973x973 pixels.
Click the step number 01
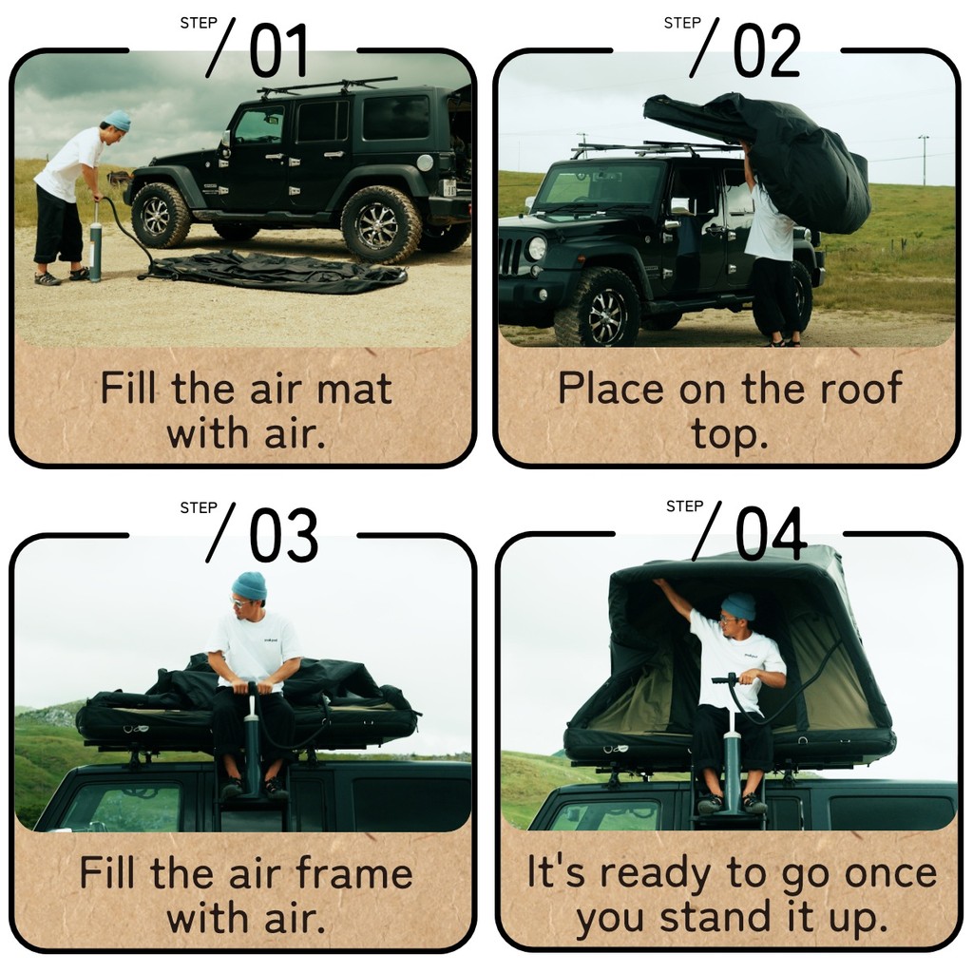(x=278, y=50)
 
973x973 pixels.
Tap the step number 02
(x=766, y=50)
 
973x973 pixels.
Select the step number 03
(x=283, y=535)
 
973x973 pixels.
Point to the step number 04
(x=771, y=534)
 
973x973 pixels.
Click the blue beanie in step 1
(x=117, y=120)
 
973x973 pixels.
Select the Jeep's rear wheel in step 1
(x=381, y=224)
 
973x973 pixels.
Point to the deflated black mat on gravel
(x=277, y=271)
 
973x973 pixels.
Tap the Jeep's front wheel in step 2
(x=598, y=308)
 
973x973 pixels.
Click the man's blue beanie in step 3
(x=249, y=586)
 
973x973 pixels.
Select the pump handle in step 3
(x=253, y=686)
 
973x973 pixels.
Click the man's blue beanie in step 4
(x=738, y=606)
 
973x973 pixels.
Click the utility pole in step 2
(x=924, y=160)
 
